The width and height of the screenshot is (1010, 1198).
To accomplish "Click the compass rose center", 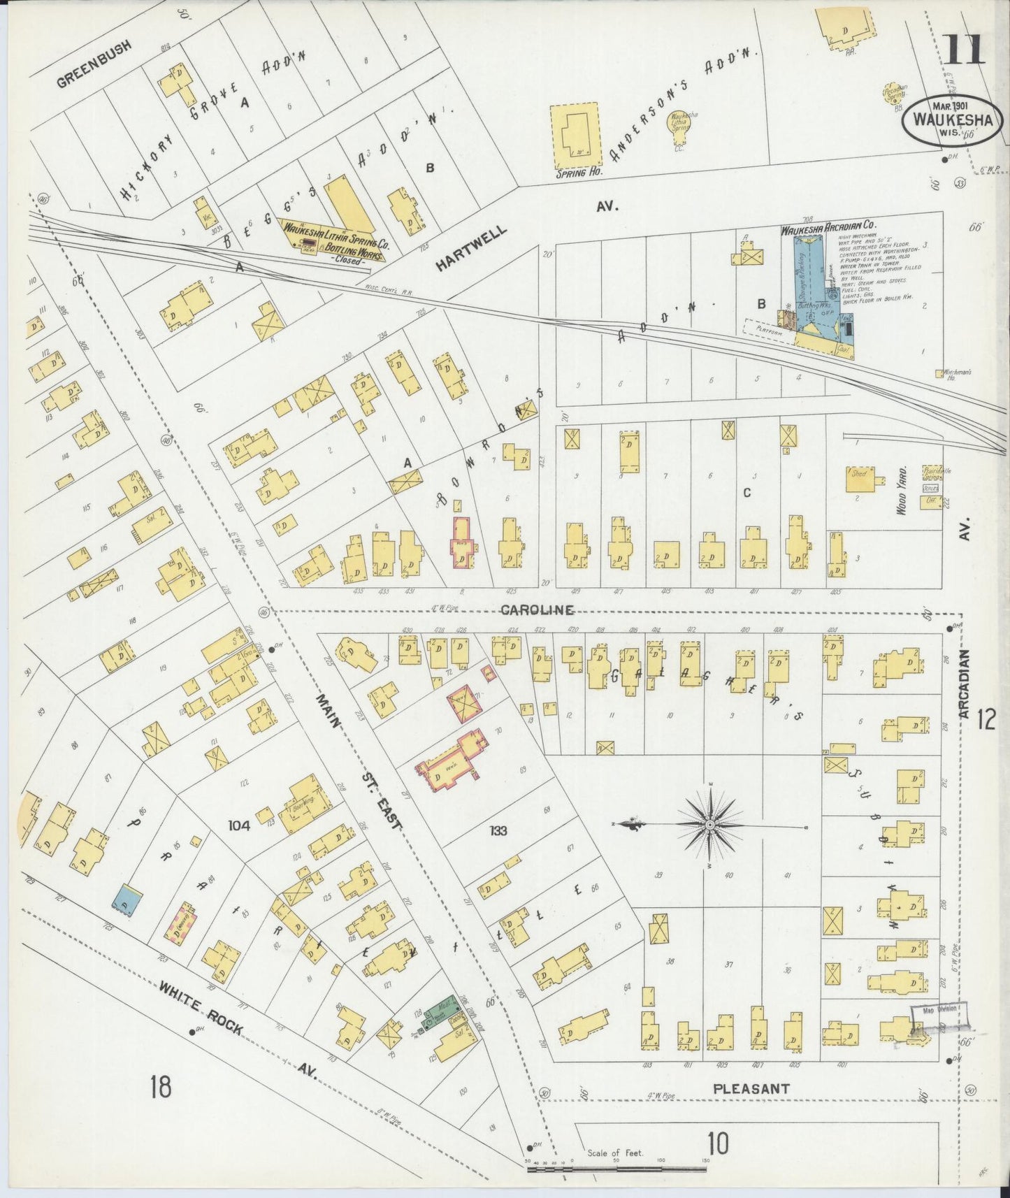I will click(x=710, y=825).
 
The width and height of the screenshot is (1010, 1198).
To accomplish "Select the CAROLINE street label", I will click(x=536, y=609).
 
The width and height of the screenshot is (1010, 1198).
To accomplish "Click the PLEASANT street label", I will click(x=751, y=1088).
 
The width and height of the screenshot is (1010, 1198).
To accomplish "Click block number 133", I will click(x=498, y=831).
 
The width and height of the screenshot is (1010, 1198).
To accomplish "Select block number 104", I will click(x=238, y=825).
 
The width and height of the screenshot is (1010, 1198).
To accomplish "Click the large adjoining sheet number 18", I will click(x=161, y=1088).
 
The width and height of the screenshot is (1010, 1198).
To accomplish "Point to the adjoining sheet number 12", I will click(x=986, y=719).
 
